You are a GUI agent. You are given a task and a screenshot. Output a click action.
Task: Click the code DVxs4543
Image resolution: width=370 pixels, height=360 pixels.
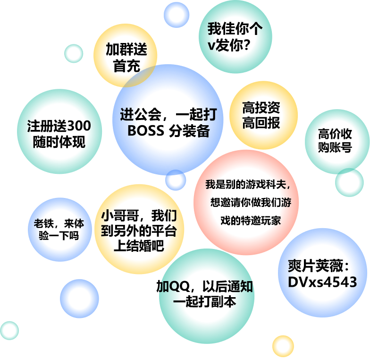[322, 282]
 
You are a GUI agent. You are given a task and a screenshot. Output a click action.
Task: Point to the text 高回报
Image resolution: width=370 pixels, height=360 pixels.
[261, 123]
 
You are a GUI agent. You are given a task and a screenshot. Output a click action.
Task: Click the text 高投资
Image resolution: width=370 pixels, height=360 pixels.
[261, 108]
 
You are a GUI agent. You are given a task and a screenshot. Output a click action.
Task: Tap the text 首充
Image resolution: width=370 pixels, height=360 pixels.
[126, 66]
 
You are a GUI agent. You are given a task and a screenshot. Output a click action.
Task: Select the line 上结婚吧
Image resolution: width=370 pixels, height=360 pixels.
[139, 247]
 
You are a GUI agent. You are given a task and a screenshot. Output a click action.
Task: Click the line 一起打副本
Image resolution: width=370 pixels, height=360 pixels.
[204, 302]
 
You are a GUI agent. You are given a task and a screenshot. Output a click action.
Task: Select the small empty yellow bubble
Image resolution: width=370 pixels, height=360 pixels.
[283, 346]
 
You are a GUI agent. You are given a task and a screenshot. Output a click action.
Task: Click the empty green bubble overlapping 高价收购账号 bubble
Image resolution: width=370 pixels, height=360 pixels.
[349, 182]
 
